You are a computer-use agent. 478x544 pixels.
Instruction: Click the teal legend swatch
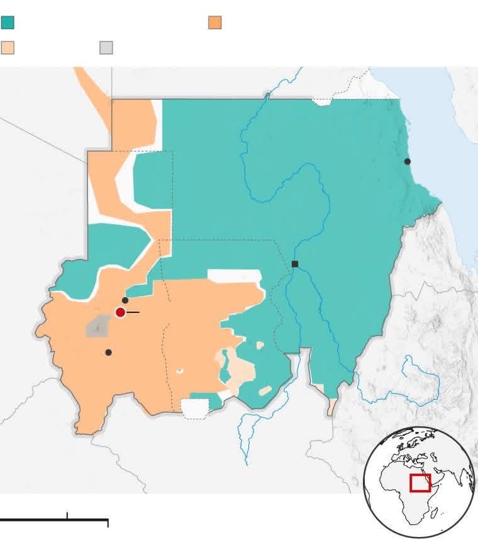pyautogui.click(x=8, y=23)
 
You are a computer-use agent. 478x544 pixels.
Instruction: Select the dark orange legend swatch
pyautogui.click(x=215, y=23)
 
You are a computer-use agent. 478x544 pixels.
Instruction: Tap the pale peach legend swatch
pyautogui.click(x=8, y=48)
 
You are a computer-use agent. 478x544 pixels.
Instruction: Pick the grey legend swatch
pyautogui.click(x=106, y=48)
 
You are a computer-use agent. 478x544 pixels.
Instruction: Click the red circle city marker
pyautogui.click(x=120, y=312)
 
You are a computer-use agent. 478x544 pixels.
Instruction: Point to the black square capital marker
pyautogui.click(x=295, y=264)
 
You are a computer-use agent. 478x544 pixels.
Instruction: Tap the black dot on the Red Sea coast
pyautogui.click(x=408, y=162)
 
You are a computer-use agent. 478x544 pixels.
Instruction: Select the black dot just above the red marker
pyautogui.click(x=125, y=300)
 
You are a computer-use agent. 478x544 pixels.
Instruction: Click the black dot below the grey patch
pyautogui.click(x=108, y=353)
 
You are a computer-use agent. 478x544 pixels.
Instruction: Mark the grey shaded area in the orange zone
pyautogui.click(x=97, y=327)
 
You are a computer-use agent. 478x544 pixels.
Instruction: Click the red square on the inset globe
pyautogui.click(x=420, y=483)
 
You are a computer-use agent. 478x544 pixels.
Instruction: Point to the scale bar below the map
pyautogui.click(x=54, y=520)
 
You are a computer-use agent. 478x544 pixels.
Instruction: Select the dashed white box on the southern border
pyautogui.click(x=194, y=408)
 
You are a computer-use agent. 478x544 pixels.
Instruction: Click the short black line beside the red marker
pyautogui.click(x=133, y=312)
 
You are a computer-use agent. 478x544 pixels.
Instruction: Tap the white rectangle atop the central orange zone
pyautogui.click(x=234, y=276)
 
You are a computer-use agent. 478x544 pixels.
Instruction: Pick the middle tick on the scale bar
pyautogui.click(x=67, y=516)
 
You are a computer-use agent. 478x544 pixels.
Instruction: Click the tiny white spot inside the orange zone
pyautogui.click(x=179, y=371)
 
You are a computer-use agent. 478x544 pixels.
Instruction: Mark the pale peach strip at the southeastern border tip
pyautogui.click(x=331, y=406)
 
